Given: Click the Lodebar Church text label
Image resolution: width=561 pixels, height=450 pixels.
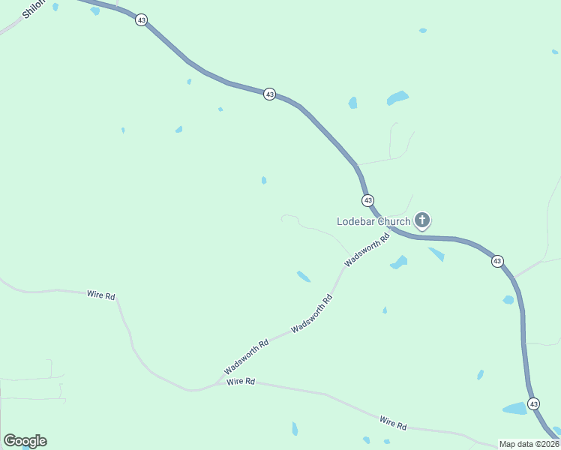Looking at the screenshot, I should point(373,221).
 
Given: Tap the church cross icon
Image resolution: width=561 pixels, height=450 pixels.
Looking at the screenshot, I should point(423,220).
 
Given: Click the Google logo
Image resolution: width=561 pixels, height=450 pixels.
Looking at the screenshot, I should point(25,441).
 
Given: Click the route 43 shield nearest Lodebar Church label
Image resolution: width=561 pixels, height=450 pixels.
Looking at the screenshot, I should point(367,200).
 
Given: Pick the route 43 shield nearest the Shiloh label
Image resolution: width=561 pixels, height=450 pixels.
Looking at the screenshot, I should point(142,19).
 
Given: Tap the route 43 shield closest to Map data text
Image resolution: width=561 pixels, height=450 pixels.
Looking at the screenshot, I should point(533,403).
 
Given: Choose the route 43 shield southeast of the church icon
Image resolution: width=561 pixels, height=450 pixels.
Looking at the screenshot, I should point(497,261).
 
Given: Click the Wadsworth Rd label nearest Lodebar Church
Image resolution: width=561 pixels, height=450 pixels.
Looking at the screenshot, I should point(367,250).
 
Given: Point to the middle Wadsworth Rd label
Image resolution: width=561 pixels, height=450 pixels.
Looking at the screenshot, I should point(312,314).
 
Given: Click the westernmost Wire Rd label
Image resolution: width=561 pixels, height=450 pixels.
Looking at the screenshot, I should point(100,295).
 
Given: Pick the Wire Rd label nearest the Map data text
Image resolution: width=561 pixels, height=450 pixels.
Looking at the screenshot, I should point(392,423).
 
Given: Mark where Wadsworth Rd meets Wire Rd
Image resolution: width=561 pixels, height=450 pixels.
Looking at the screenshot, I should point(217,383).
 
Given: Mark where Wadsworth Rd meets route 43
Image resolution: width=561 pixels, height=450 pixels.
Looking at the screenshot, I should point(391,230).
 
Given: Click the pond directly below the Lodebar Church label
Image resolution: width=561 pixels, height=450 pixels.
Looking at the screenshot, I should point(399,262).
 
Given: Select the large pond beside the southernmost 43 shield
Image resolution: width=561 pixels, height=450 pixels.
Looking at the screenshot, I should point(515,409).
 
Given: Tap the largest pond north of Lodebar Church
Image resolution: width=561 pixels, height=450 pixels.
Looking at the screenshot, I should point(397,97).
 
